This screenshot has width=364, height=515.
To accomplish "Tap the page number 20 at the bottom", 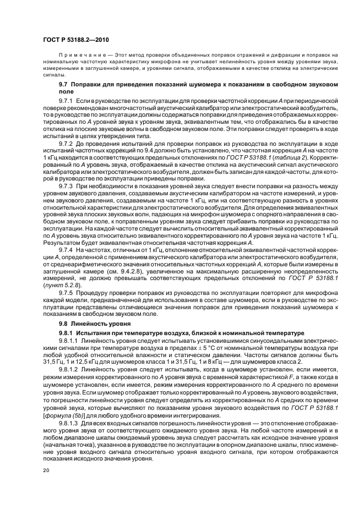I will (46, 472).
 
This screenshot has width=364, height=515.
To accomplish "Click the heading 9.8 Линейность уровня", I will (89, 324).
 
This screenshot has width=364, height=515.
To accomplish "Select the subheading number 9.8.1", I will (66, 333).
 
